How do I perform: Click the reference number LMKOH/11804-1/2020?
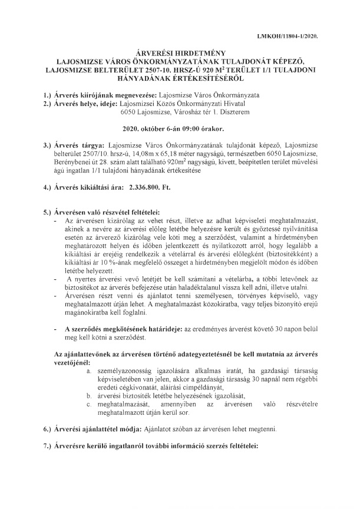point(292,36)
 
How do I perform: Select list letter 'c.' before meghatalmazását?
point(88,406)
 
